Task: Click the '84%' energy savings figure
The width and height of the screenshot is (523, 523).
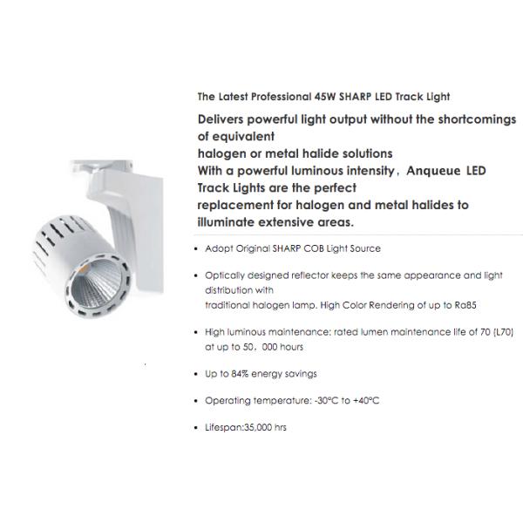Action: [x=240, y=374]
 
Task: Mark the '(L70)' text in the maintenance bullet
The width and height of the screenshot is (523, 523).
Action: [x=503, y=332]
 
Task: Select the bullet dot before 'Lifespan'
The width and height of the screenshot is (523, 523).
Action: [x=196, y=428]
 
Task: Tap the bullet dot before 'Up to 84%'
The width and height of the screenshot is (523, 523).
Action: [x=196, y=374]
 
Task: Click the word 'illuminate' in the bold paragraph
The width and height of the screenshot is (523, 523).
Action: [x=226, y=222]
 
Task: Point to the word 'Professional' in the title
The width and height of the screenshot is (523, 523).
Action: [x=281, y=97]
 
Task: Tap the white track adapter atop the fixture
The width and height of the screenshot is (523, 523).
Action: [x=103, y=166]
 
